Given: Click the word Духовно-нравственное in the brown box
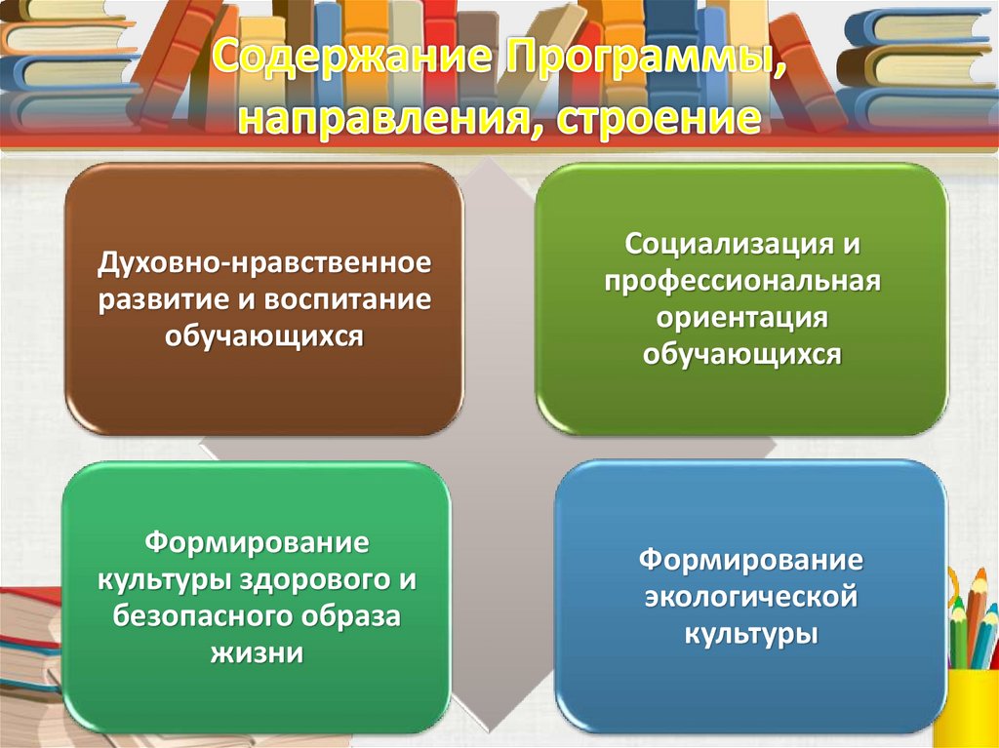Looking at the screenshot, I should pos(263,263).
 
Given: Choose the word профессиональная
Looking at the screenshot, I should pos(741,281).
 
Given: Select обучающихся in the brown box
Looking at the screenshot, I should pos(263,336).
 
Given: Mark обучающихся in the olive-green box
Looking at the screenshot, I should pos(741,354).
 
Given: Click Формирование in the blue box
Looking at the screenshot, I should pos(750,561).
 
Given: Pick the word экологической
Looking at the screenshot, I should pos(750,597).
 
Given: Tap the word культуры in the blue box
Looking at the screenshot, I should pos(750,634).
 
